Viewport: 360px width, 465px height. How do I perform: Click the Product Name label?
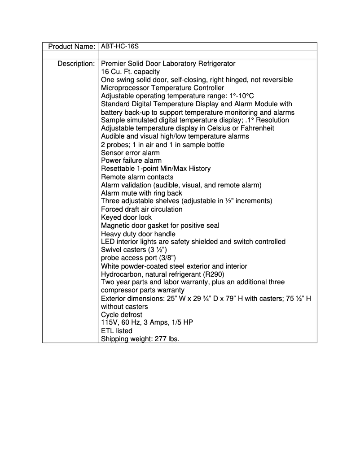[71, 47]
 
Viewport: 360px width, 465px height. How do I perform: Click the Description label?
[76, 64]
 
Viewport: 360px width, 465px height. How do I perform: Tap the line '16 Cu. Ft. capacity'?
[130, 72]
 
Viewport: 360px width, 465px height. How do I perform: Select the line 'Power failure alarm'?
[131, 161]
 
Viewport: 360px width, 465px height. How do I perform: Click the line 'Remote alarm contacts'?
[137, 177]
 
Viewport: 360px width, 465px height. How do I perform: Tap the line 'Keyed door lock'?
[126, 217]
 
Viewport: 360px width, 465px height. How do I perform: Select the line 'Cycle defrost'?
[121, 315]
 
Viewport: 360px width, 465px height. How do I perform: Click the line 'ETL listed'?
[117, 331]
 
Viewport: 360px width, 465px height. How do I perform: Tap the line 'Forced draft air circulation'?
[141, 209]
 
